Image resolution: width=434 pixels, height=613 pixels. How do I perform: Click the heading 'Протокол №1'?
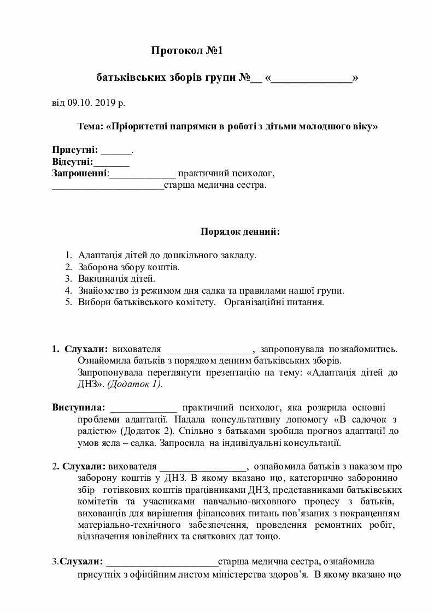(x=187, y=51)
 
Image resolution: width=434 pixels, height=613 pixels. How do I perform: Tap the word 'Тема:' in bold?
(x=90, y=127)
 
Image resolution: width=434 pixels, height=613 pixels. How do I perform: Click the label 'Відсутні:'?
(x=73, y=162)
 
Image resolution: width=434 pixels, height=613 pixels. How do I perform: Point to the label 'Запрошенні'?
(x=80, y=174)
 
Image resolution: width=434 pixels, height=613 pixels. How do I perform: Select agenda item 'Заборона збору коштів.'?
(x=129, y=267)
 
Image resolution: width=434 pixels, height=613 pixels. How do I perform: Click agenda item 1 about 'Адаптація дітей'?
(x=167, y=255)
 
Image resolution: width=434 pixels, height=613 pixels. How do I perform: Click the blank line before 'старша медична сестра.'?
(x=108, y=186)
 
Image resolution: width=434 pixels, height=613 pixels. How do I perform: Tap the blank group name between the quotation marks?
(x=312, y=79)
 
